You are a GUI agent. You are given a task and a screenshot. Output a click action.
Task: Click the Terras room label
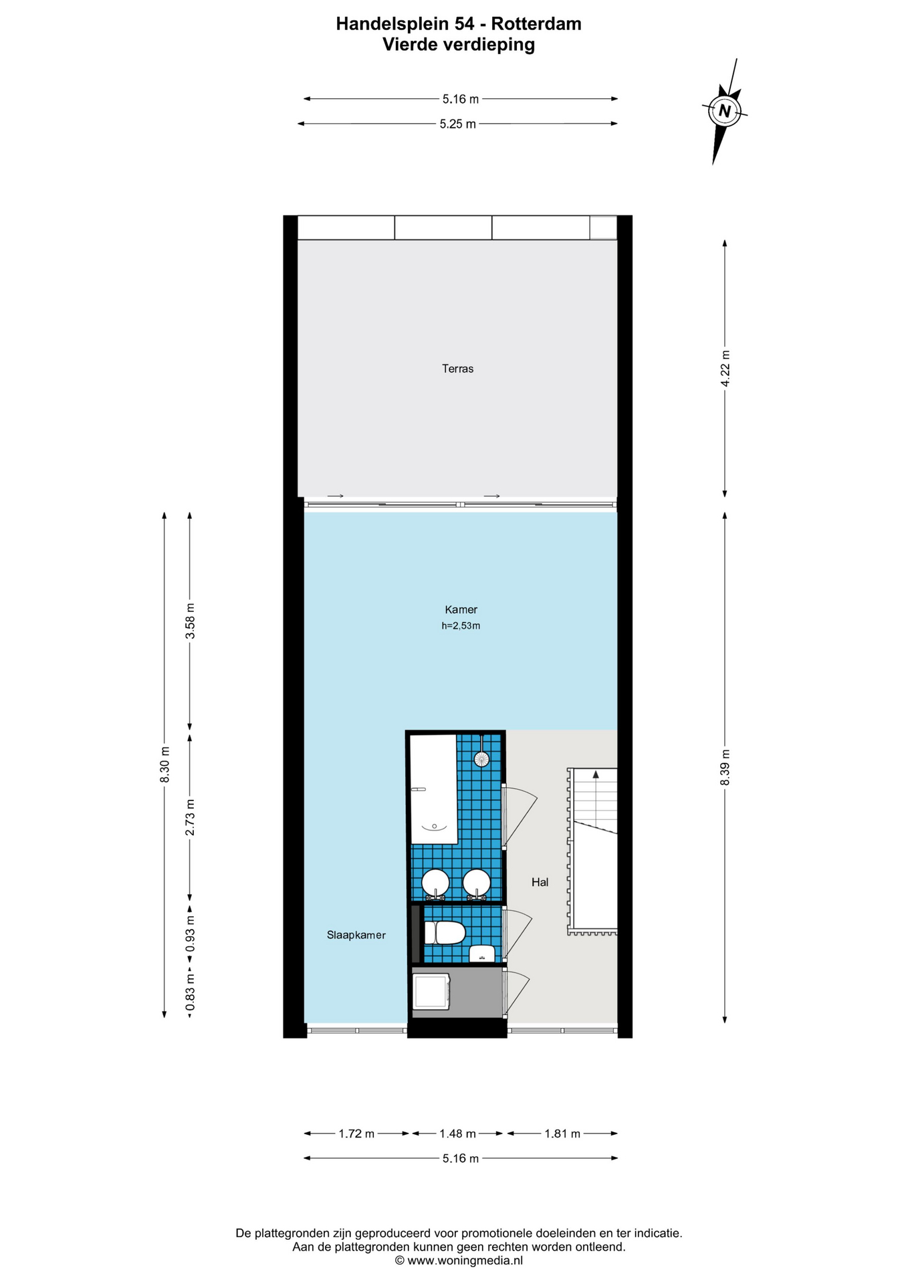pyautogui.click(x=457, y=368)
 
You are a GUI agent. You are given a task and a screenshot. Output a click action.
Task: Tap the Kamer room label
pyautogui.click(x=461, y=609)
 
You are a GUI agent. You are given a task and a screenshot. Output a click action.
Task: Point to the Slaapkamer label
pyautogui.click(x=356, y=935)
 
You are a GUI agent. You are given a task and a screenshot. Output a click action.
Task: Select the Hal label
pyautogui.click(x=540, y=882)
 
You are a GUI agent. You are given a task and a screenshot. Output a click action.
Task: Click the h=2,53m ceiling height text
pyautogui.click(x=461, y=626)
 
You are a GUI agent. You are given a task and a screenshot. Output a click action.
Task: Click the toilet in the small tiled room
pyautogui.click(x=445, y=933)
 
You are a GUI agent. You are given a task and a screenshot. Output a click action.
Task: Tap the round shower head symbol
pyautogui.click(x=481, y=758)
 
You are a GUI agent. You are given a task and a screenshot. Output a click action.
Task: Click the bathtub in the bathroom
pyautogui.click(x=433, y=789)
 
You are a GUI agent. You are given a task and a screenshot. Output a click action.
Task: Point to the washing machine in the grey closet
pyautogui.click(x=431, y=992)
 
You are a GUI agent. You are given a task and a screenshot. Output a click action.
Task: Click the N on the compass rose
pyautogui.click(x=724, y=110)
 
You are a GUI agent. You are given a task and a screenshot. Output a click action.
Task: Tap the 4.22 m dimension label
pyautogui.click(x=725, y=368)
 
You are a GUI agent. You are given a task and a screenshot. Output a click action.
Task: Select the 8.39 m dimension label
pyautogui.click(x=725, y=768)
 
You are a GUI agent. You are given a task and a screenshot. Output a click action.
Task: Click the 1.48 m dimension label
pyautogui.click(x=457, y=1134)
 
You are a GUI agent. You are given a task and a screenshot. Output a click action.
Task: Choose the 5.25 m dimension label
pyautogui.click(x=458, y=124)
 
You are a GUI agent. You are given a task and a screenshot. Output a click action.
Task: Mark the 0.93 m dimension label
pyautogui.click(x=190, y=935)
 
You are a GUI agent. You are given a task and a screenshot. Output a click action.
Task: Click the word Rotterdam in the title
pyautogui.click(x=536, y=24)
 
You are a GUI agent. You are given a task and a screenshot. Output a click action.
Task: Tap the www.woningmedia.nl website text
pyautogui.click(x=465, y=1261)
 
